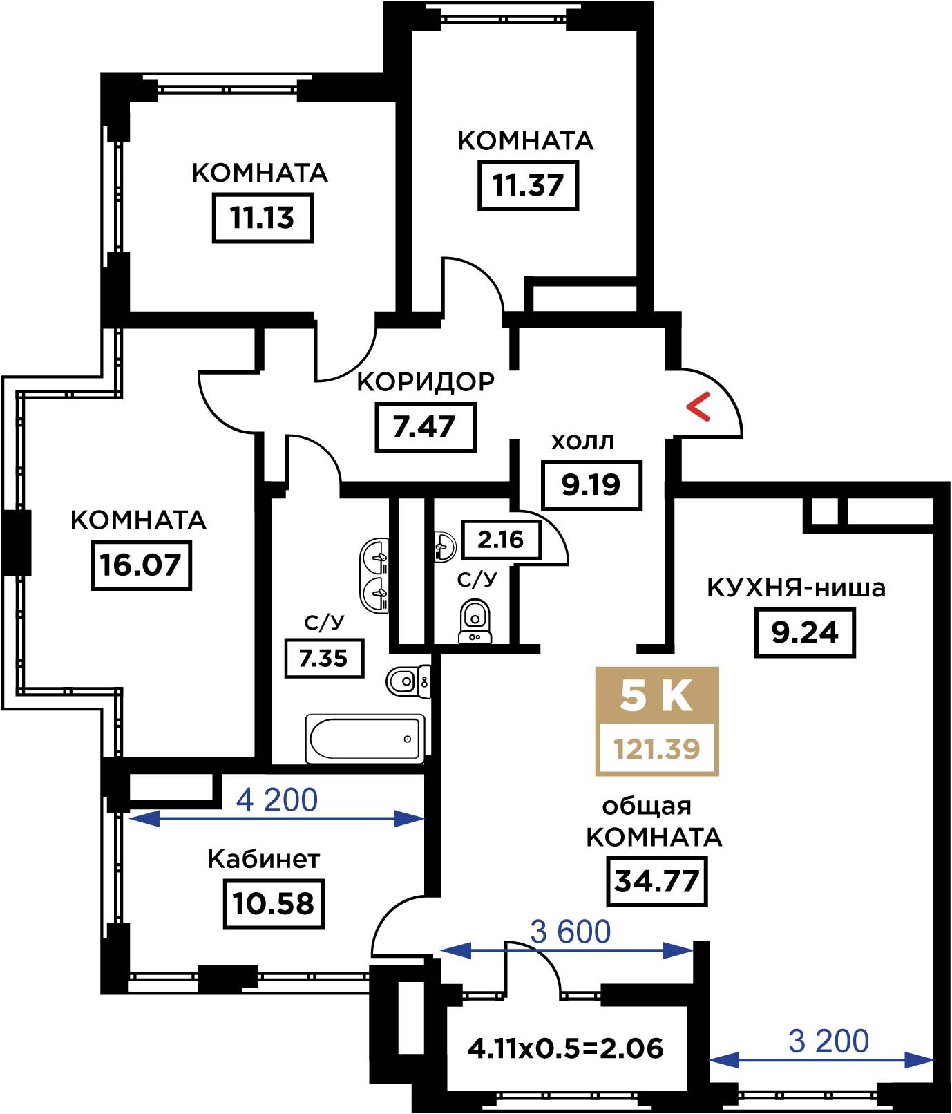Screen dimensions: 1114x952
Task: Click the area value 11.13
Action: pos(263,218)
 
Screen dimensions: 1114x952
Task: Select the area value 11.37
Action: pos(528,185)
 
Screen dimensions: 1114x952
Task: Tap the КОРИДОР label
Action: pos(426,381)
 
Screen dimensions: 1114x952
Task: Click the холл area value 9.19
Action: pos(591,484)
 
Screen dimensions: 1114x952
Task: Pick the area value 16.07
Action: pos(141,565)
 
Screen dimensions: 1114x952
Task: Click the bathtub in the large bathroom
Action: pos(365,739)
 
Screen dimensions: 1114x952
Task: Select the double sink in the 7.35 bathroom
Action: pos(375,574)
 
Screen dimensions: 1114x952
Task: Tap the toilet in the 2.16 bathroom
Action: pos(474,620)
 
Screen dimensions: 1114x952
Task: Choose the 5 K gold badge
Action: pos(656,696)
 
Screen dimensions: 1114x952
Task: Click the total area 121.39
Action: pos(657,748)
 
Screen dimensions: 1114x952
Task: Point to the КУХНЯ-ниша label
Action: pos(797,588)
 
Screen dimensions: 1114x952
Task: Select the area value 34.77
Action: pos(657,881)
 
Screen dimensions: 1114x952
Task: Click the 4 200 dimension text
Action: pos(277,800)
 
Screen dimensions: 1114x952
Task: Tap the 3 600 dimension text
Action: pos(571,932)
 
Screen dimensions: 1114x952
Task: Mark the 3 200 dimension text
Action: pos(828,1041)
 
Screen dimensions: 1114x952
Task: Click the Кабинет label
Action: pos(264,859)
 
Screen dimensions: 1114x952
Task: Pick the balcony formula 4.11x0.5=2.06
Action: pos(565,1048)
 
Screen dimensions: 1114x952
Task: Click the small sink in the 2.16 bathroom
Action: pos(444,546)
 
